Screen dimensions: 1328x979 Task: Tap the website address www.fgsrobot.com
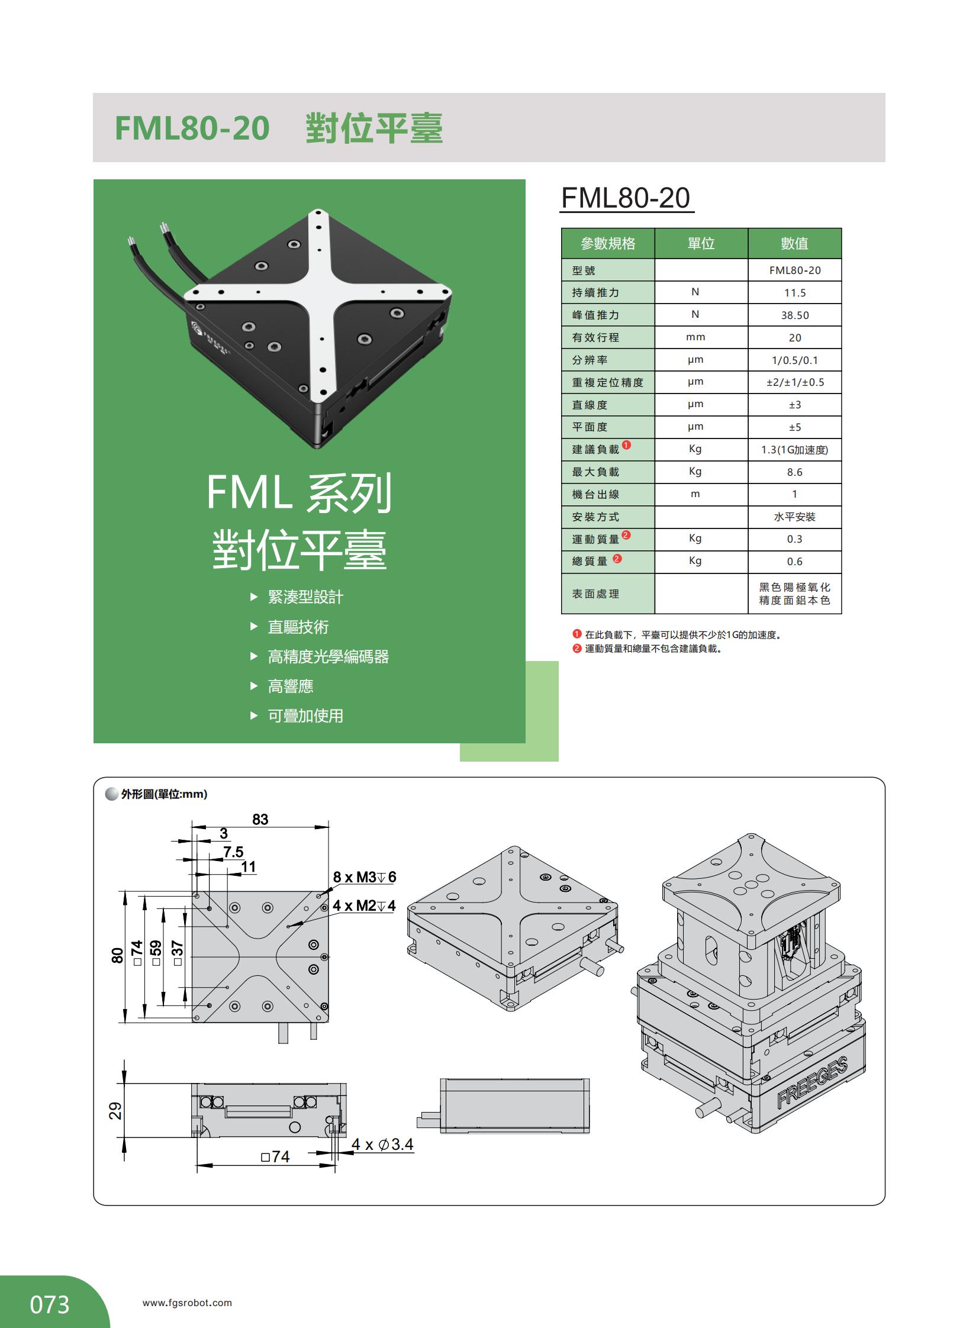click(x=187, y=1303)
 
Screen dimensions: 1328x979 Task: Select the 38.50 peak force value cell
click(x=794, y=315)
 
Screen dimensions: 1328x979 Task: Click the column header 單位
click(x=700, y=244)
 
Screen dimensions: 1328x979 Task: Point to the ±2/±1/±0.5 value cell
click(x=795, y=382)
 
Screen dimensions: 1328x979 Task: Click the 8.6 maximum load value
click(x=794, y=472)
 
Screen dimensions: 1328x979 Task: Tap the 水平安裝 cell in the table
click(x=794, y=517)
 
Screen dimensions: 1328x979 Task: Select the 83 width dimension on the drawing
click(x=260, y=819)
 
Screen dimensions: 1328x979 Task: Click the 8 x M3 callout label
click(x=364, y=877)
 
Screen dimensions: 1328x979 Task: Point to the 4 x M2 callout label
click(x=363, y=905)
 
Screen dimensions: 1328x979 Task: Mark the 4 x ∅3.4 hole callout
click(x=382, y=1145)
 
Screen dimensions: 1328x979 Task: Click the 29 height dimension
click(x=115, y=1110)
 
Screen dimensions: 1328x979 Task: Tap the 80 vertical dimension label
click(x=117, y=955)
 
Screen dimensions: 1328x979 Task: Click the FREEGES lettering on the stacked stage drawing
click(x=812, y=1082)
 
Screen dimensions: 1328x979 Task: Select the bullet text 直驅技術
click(x=298, y=627)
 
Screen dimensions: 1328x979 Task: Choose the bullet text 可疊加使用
click(x=305, y=716)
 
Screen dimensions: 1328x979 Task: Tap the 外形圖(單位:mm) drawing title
click(x=163, y=794)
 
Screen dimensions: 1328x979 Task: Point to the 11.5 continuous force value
click(x=794, y=293)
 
